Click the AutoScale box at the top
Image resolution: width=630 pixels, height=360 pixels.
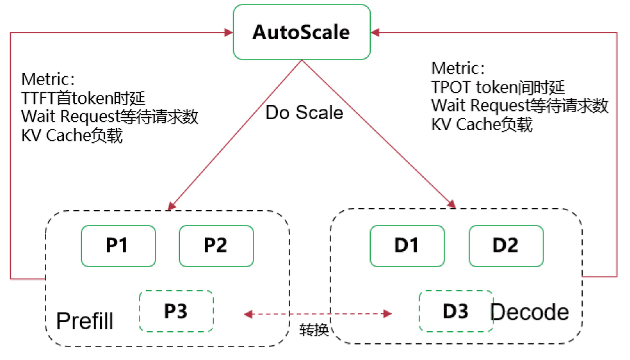pyautogui.click(x=302, y=32)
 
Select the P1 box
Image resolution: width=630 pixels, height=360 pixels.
pyautogui.click(x=118, y=246)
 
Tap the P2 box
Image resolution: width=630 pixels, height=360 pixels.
pyautogui.click(x=216, y=246)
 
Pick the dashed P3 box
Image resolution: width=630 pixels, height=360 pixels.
pyautogui.click(x=176, y=311)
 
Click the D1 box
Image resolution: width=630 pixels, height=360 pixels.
pyautogui.click(x=407, y=246)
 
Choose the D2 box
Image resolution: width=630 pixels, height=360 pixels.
pyautogui.click(x=506, y=246)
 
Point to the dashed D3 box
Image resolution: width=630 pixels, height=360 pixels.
pyautogui.click(x=456, y=311)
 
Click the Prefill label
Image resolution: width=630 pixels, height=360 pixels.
pyautogui.click(x=85, y=321)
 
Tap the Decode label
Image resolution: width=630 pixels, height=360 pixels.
pyautogui.click(x=530, y=312)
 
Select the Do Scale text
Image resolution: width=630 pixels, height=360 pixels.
pyautogui.click(x=304, y=113)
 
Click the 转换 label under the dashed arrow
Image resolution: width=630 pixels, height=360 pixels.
pyautogui.click(x=314, y=330)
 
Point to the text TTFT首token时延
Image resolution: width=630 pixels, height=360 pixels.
pyautogui.click(x=83, y=98)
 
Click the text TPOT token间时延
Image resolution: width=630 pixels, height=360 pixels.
pyautogui.click(x=498, y=87)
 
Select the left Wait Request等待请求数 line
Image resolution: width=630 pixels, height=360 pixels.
pyautogui.click(x=109, y=117)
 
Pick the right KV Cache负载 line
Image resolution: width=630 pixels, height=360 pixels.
pyautogui.click(x=481, y=124)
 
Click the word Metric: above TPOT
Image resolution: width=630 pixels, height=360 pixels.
pyautogui.click(x=458, y=69)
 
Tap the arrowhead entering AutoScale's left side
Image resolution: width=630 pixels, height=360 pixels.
pyautogui.click(x=229, y=32)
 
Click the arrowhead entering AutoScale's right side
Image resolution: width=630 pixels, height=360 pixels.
pyautogui.click(x=375, y=32)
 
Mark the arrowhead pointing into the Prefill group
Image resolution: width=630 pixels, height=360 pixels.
pyautogui.click(x=172, y=206)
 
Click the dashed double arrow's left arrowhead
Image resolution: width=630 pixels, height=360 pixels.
pyautogui.click(x=248, y=314)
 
